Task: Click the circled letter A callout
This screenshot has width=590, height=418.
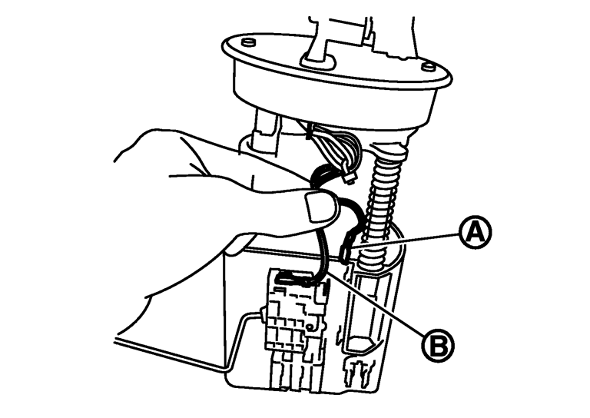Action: (476, 232)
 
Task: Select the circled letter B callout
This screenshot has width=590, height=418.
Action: (438, 345)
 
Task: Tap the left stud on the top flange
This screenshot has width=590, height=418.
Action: (248, 41)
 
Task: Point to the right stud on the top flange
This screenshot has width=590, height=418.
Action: (427, 67)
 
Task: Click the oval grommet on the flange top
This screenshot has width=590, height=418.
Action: (318, 61)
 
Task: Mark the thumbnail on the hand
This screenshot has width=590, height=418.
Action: (319, 206)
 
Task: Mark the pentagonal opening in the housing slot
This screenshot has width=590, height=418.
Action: (361, 343)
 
